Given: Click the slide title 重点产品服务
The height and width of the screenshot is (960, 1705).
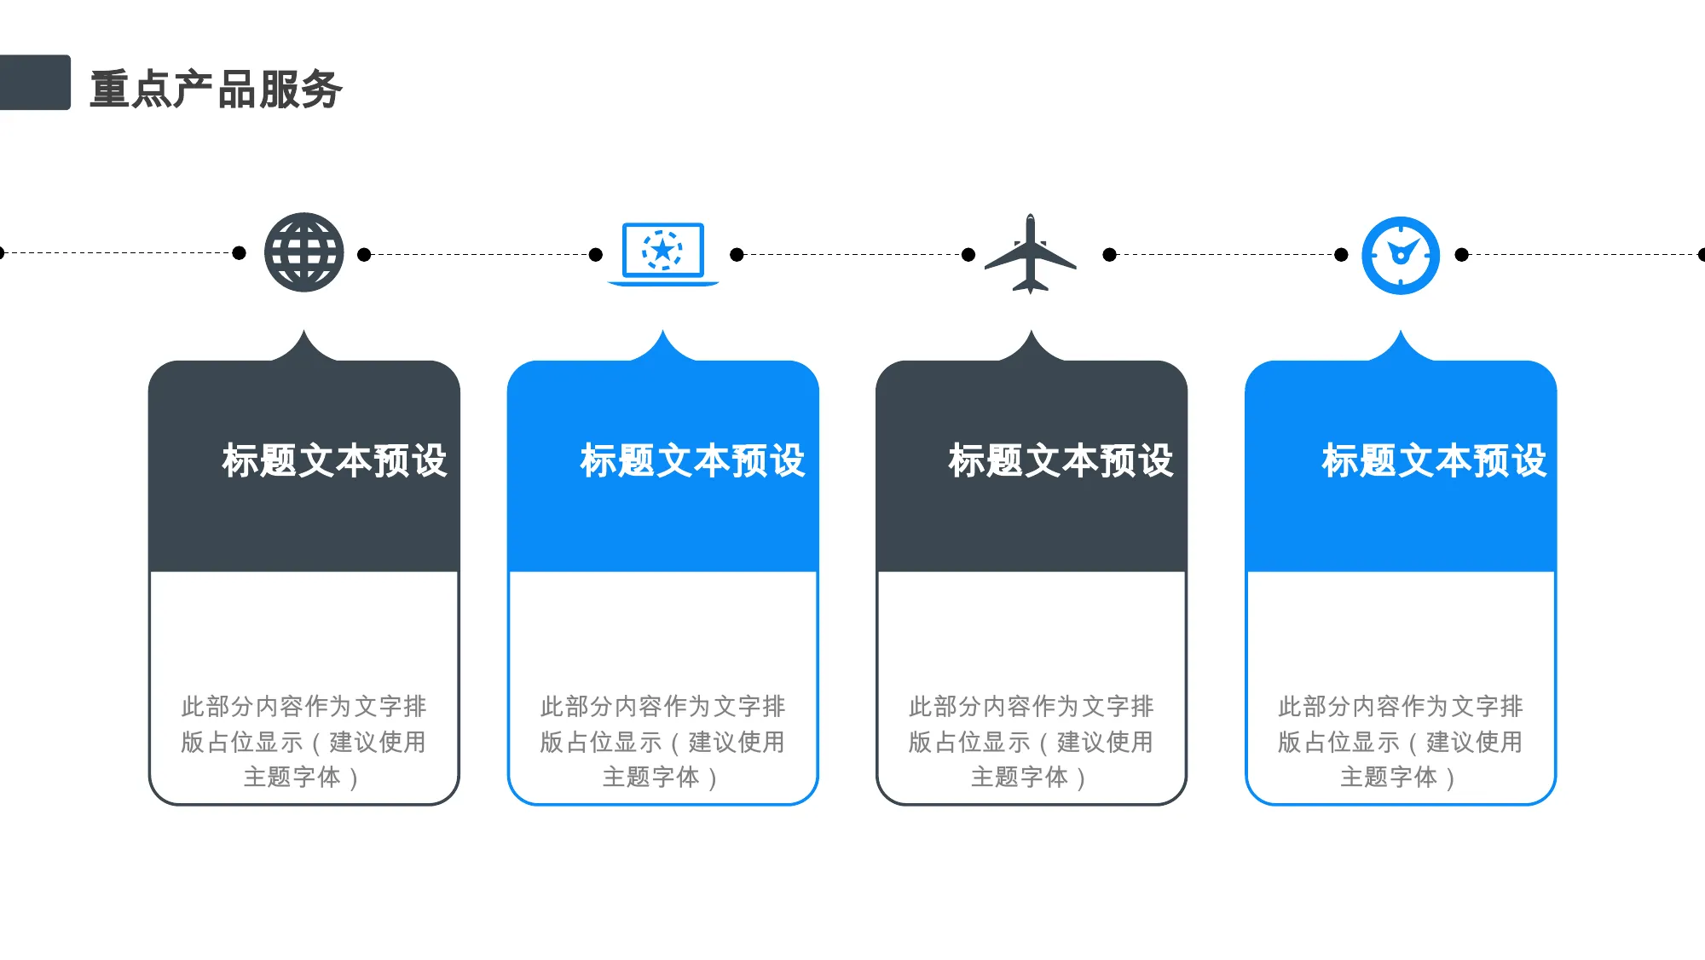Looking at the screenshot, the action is click(x=216, y=89).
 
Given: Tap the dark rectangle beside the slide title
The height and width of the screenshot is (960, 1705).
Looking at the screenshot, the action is click(x=35, y=83).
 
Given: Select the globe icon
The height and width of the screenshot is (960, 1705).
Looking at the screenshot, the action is click(x=303, y=252).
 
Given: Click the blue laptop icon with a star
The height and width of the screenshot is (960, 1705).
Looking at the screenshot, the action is click(x=663, y=254).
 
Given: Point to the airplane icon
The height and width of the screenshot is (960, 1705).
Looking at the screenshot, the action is click(x=1031, y=254).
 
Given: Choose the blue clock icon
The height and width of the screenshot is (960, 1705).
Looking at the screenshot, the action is click(x=1401, y=256).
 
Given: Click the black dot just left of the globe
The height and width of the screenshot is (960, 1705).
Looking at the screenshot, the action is click(x=240, y=252).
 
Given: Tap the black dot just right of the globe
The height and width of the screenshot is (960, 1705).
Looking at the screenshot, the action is click(x=364, y=254).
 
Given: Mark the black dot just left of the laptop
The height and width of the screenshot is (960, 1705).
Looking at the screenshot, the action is click(x=596, y=254).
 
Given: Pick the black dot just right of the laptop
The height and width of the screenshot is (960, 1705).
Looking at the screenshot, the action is click(x=737, y=254).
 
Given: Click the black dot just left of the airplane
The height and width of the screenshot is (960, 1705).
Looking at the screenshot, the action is click(x=968, y=254).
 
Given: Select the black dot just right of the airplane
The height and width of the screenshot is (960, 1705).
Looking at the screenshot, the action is click(x=1109, y=254).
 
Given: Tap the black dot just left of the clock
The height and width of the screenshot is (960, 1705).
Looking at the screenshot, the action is click(x=1341, y=254).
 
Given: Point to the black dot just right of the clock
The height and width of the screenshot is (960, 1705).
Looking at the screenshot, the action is click(x=1462, y=254).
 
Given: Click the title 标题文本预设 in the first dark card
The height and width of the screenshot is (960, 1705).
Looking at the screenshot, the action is click(x=334, y=461).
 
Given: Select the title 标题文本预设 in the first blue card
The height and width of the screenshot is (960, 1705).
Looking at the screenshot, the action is click(x=692, y=461).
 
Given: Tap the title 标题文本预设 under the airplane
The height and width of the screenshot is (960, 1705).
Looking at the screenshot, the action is click(x=1061, y=461).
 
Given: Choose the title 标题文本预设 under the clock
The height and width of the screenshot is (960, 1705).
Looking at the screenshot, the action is click(x=1434, y=461).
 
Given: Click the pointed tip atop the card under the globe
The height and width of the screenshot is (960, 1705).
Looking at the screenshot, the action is click(x=304, y=331).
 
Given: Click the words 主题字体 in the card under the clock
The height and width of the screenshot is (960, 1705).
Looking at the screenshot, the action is click(x=1389, y=777).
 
